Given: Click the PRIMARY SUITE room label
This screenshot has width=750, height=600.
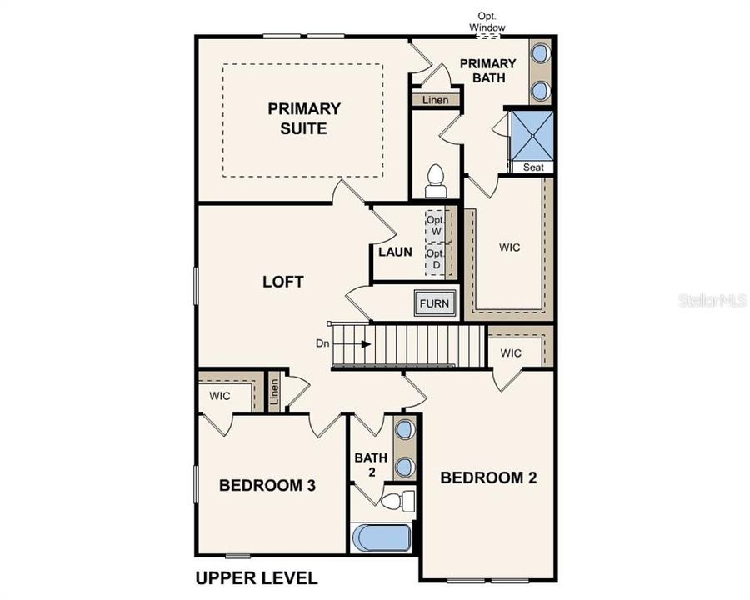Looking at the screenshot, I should click(303, 118).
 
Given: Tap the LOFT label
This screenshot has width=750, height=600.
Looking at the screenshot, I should click(283, 282).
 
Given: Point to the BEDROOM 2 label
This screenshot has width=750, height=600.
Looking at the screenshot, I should click(488, 477).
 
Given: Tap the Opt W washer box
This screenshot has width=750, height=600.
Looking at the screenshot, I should click(435, 225).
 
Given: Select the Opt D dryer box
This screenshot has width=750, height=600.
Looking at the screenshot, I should click(435, 259).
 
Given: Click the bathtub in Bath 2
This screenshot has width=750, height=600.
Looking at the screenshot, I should click(382, 537).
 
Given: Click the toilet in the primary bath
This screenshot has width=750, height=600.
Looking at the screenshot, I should click(435, 180).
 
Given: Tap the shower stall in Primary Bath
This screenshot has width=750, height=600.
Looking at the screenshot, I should click(532, 134).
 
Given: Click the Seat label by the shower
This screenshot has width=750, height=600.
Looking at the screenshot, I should click(533, 167).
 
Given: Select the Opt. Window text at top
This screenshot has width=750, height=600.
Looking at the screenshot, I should click(487, 22).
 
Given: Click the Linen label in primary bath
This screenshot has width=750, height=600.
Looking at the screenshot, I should click(435, 100).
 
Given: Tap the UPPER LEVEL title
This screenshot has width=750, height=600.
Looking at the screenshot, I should click(256, 577).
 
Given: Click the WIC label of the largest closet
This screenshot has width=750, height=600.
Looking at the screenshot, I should click(510, 247).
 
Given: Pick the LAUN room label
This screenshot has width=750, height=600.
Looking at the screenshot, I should click(395, 251).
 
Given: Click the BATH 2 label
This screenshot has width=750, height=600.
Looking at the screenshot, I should click(370, 464).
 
